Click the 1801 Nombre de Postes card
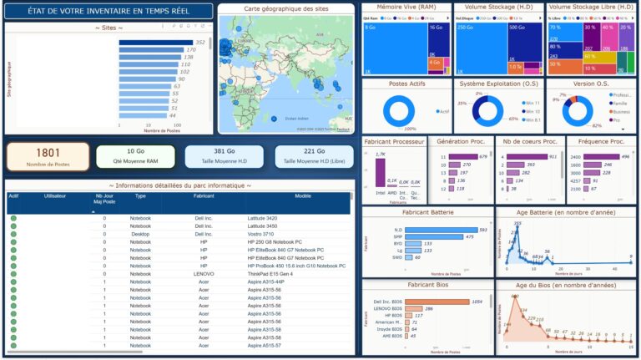[48, 156]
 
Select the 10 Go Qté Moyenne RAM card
[135, 156]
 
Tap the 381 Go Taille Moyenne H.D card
[223, 156]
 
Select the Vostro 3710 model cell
[263, 234]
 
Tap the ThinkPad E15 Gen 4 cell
[270, 273]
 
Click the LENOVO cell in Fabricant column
[204, 273]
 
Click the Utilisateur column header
[55, 196]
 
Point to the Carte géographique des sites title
[286, 8]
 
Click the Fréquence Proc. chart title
[601, 141]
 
